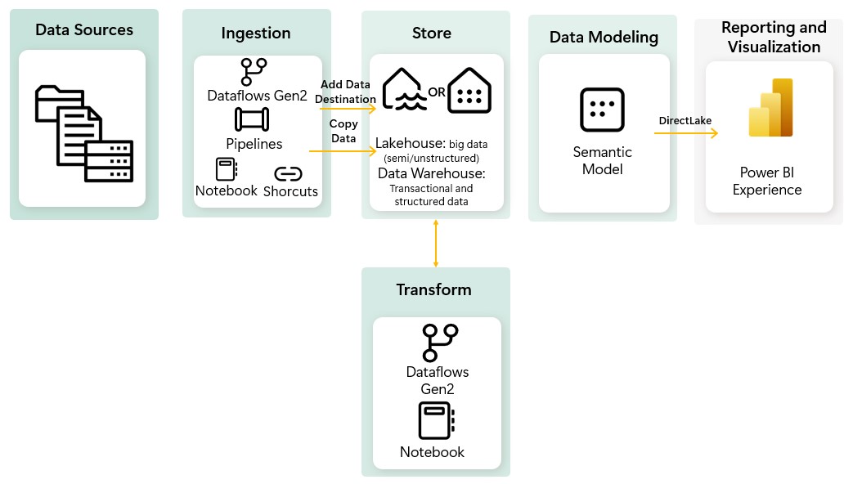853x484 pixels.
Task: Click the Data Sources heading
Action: (84, 30)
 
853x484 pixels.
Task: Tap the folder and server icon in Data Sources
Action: (84, 133)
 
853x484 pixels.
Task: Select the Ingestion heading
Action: (256, 34)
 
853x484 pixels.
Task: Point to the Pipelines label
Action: (254, 144)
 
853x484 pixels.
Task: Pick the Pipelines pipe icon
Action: (253, 119)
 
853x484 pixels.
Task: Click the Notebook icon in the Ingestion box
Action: (226, 169)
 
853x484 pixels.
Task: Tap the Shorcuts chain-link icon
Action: (288, 174)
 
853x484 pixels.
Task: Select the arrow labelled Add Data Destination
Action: (347, 107)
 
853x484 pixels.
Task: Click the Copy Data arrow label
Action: (343, 131)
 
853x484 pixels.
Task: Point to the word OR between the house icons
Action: (437, 92)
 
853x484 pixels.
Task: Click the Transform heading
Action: (433, 290)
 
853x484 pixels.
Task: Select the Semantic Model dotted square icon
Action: (602, 110)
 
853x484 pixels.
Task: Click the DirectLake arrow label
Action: (685, 121)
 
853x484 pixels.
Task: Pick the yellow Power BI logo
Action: (770, 108)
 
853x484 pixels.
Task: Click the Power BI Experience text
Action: (766, 181)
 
